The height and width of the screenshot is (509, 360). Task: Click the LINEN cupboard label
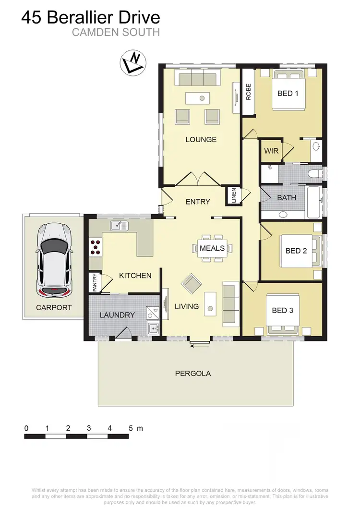click(x=234, y=195)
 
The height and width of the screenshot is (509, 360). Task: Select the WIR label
click(x=271, y=151)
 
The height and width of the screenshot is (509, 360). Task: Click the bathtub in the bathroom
click(x=315, y=197)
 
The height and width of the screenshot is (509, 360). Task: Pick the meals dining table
click(x=212, y=248)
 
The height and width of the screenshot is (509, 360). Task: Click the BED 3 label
click(x=282, y=310)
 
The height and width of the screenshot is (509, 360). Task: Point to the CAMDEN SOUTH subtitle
click(x=116, y=33)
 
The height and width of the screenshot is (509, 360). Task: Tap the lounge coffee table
click(x=202, y=98)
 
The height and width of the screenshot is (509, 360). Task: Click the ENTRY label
click(x=198, y=202)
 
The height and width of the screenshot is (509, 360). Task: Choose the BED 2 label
click(x=296, y=251)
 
